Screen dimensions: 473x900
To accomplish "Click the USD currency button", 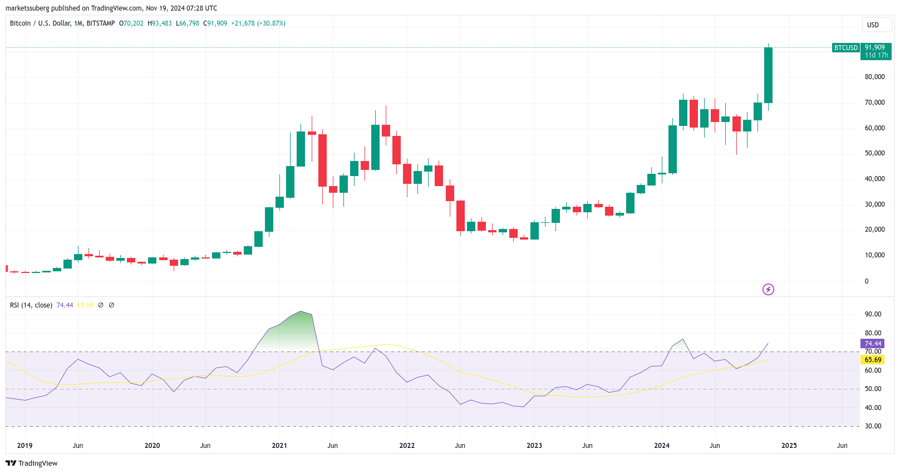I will coord(873,25).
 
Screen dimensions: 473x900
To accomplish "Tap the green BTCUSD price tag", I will coord(845,48).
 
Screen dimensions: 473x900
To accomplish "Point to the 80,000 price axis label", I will coord(874,77).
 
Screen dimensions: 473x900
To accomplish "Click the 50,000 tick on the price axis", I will coord(874,153).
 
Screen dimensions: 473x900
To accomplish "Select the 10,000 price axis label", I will coord(874,255).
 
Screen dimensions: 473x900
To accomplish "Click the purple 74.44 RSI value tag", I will coord(873,344).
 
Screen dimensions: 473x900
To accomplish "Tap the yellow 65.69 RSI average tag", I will coord(873,360).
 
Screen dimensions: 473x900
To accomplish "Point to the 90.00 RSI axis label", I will coord(873,314).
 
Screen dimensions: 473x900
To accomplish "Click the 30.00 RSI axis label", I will coord(873,426).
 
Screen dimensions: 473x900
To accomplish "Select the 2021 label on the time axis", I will coord(279,446).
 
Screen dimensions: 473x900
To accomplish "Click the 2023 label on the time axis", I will coord(534,446).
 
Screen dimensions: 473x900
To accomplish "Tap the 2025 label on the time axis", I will coord(789,446).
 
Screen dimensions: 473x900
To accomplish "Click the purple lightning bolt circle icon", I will coord(768,289).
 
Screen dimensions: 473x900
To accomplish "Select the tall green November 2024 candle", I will coord(768,75).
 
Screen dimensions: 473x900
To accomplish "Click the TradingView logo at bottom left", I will coord(32,464).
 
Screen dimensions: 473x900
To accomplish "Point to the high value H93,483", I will coord(160,23).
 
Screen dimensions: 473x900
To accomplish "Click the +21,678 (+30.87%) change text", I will coord(258,23).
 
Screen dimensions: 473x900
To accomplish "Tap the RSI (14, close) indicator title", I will coord(31,305).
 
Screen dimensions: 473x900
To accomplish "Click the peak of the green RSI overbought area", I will coord(301,312).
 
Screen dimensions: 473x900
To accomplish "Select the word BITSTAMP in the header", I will coord(101,23).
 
